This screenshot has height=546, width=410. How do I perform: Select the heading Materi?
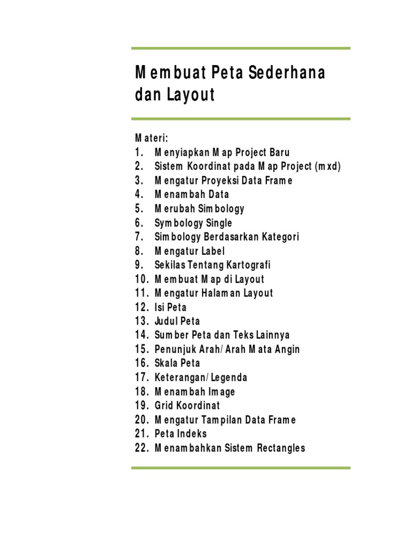tap(151, 139)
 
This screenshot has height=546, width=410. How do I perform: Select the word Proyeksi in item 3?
tap(225, 181)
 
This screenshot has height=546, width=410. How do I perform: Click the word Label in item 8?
tap(213, 251)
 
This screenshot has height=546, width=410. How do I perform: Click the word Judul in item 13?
tap(166, 321)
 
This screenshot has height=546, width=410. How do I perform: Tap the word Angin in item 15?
tap(287, 349)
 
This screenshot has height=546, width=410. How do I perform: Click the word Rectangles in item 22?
tap(278, 448)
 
